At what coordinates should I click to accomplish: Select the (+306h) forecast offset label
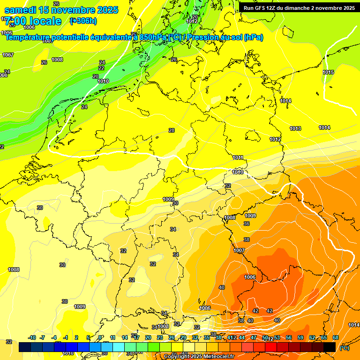pyautogui.click(x=83, y=21)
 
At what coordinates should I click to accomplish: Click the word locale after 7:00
pyautogui.click(x=44, y=21)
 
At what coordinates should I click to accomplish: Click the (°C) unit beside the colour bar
pyautogui.click(x=344, y=348)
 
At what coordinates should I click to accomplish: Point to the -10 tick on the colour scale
pyautogui.click(x=32, y=337)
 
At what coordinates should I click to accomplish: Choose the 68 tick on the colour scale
pyautogui.click(x=336, y=337)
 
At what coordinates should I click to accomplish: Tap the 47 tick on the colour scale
pyautogui.click(x=254, y=337)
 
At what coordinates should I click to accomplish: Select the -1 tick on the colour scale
pyautogui.click(x=66, y=337)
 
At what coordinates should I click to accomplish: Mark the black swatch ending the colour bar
pyautogui.click(x=330, y=347)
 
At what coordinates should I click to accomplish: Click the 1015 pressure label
pyautogui.click(x=328, y=72)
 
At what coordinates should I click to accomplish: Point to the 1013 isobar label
pyautogui.click(x=295, y=128)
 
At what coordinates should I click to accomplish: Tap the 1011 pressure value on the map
pyautogui.click(x=238, y=157)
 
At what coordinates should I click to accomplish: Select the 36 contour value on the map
pyautogui.click(x=247, y=224)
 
